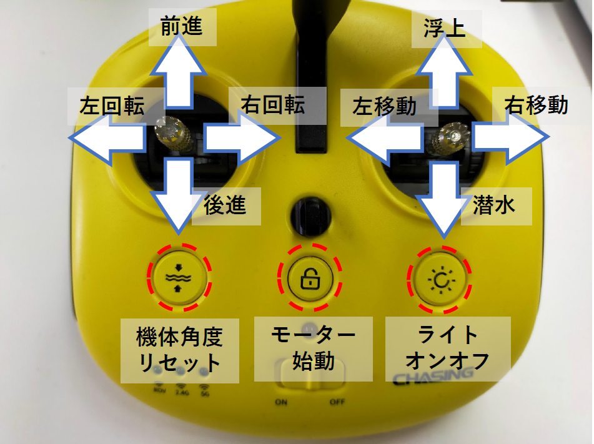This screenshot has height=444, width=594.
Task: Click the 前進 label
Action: [x=182, y=27]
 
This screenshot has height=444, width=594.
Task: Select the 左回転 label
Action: [x=112, y=106]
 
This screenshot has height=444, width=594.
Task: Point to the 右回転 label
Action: [x=274, y=105]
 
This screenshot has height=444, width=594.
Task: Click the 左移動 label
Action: [x=385, y=106]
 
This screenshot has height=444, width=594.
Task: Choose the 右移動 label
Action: [x=537, y=106]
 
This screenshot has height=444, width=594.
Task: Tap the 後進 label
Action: [x=225, y=205]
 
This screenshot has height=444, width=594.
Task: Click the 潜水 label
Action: [x=494, y=205]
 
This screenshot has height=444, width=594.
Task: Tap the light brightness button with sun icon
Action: [x=440, y=280]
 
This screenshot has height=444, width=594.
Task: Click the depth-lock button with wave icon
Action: [x=179, y=277]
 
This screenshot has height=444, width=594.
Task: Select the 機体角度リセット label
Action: [x=179, y=350]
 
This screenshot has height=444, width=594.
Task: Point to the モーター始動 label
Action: [x=314, y=348]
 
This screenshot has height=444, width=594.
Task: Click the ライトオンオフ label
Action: [x=448, y=348]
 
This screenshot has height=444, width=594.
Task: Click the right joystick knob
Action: [x=452, y=139]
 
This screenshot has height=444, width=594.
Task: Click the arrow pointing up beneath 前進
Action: [x=178, y=72]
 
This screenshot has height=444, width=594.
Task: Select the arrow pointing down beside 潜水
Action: [x=443, y=199]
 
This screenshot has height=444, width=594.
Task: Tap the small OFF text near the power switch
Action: [x=337, y=402]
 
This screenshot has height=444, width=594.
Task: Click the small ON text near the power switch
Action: [x=281, y=402]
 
